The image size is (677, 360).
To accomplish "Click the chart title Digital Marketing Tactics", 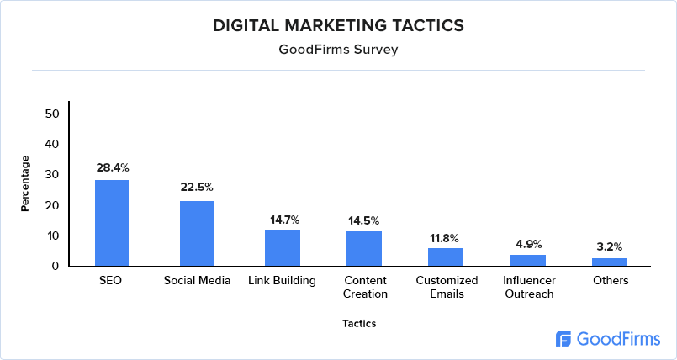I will click(338, 25).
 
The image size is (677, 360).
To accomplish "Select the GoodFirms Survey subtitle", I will click(338, 50).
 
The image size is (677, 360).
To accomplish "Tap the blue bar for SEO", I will click(112, 223).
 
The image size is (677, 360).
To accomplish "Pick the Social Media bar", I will click(197, 233).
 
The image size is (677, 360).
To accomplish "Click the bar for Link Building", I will click(283, 248).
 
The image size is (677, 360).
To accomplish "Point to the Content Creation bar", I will click(364, 248).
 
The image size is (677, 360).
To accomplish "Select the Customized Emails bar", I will click(446, 257).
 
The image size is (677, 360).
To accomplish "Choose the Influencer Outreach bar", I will click(528, 260).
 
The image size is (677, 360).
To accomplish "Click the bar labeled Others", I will click(610, 262).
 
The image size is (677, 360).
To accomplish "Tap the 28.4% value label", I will click(112, 167).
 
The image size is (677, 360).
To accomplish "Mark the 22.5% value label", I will click(197, 187).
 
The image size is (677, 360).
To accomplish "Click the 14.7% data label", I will click(284, 220).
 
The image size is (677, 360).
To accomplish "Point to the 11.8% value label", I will click(446, 237).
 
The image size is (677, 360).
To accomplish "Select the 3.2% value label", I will click(610, 247).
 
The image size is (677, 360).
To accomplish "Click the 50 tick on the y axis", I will click(52, 114).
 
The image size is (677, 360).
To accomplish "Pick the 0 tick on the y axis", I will click(56, 266).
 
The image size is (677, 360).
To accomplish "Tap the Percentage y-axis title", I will click(25, 183).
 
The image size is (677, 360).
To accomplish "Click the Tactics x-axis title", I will click(359, 323).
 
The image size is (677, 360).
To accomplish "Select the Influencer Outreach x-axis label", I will click(528, 287).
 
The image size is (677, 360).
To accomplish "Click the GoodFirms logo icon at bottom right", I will click(564, 338).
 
